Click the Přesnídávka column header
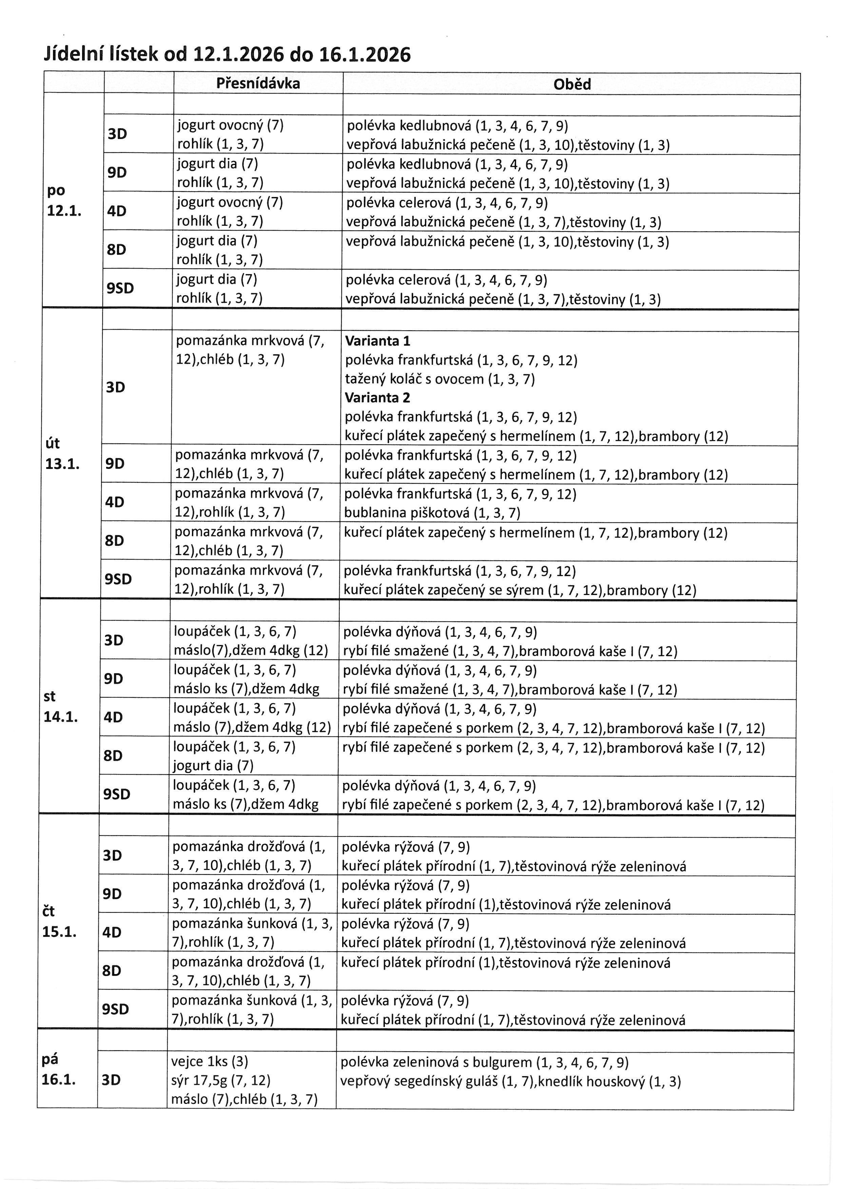pos(258,83)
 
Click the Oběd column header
pos(572,84)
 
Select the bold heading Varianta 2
pos(377,398)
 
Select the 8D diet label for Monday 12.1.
pos(117,250)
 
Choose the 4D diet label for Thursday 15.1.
pos(112,932)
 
